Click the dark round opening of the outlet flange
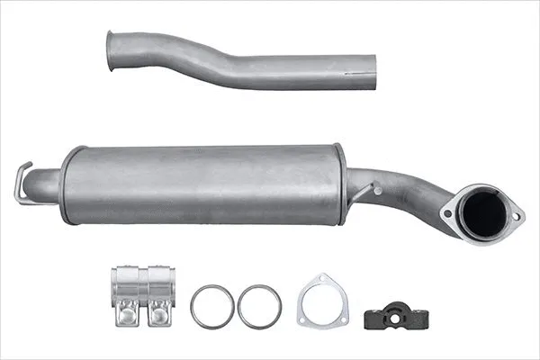tap(483, 213)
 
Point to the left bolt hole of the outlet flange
tap(447, 214)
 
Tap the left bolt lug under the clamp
tap(126, 314)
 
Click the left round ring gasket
tap(213, 307)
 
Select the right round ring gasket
tap(259, 307)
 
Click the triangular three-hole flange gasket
tap(323, 302)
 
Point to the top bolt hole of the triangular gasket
tap(323, 280)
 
